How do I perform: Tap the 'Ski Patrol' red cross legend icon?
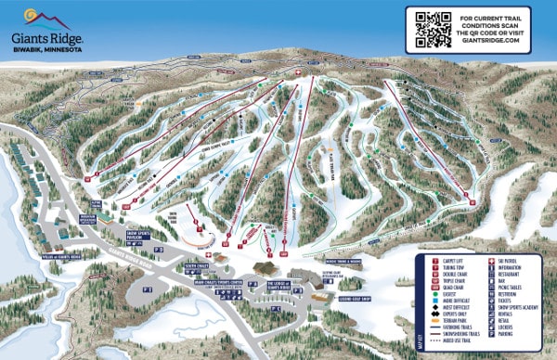pos(492,262)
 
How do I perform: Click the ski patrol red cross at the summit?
pos(297,72)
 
